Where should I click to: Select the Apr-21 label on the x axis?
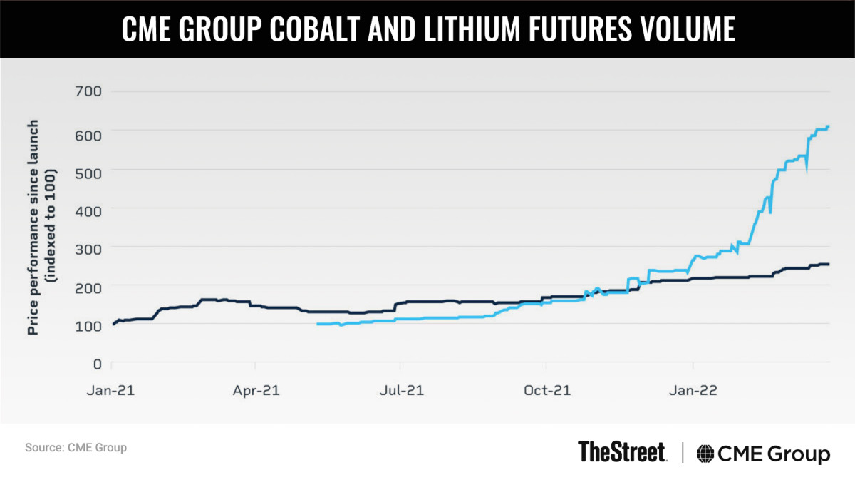point(256,391)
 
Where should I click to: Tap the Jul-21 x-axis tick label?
point(401,391)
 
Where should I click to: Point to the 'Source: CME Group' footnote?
point(76,448)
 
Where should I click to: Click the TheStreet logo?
point(622,451)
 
